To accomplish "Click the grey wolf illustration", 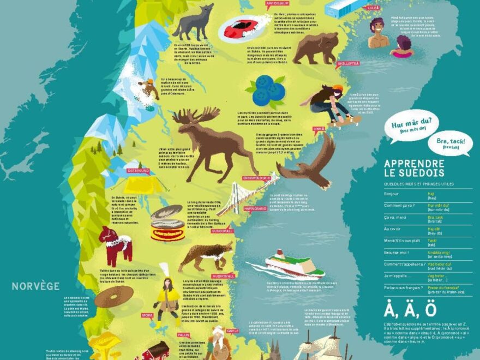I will [193, 23].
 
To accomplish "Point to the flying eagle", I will [309, 164].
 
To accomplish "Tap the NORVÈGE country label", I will [36, 286].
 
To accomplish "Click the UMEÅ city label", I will [319, 129].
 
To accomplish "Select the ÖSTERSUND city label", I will [138, 171].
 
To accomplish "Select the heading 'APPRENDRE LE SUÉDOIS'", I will [413, 168].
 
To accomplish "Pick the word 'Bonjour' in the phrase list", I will [392, 194].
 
